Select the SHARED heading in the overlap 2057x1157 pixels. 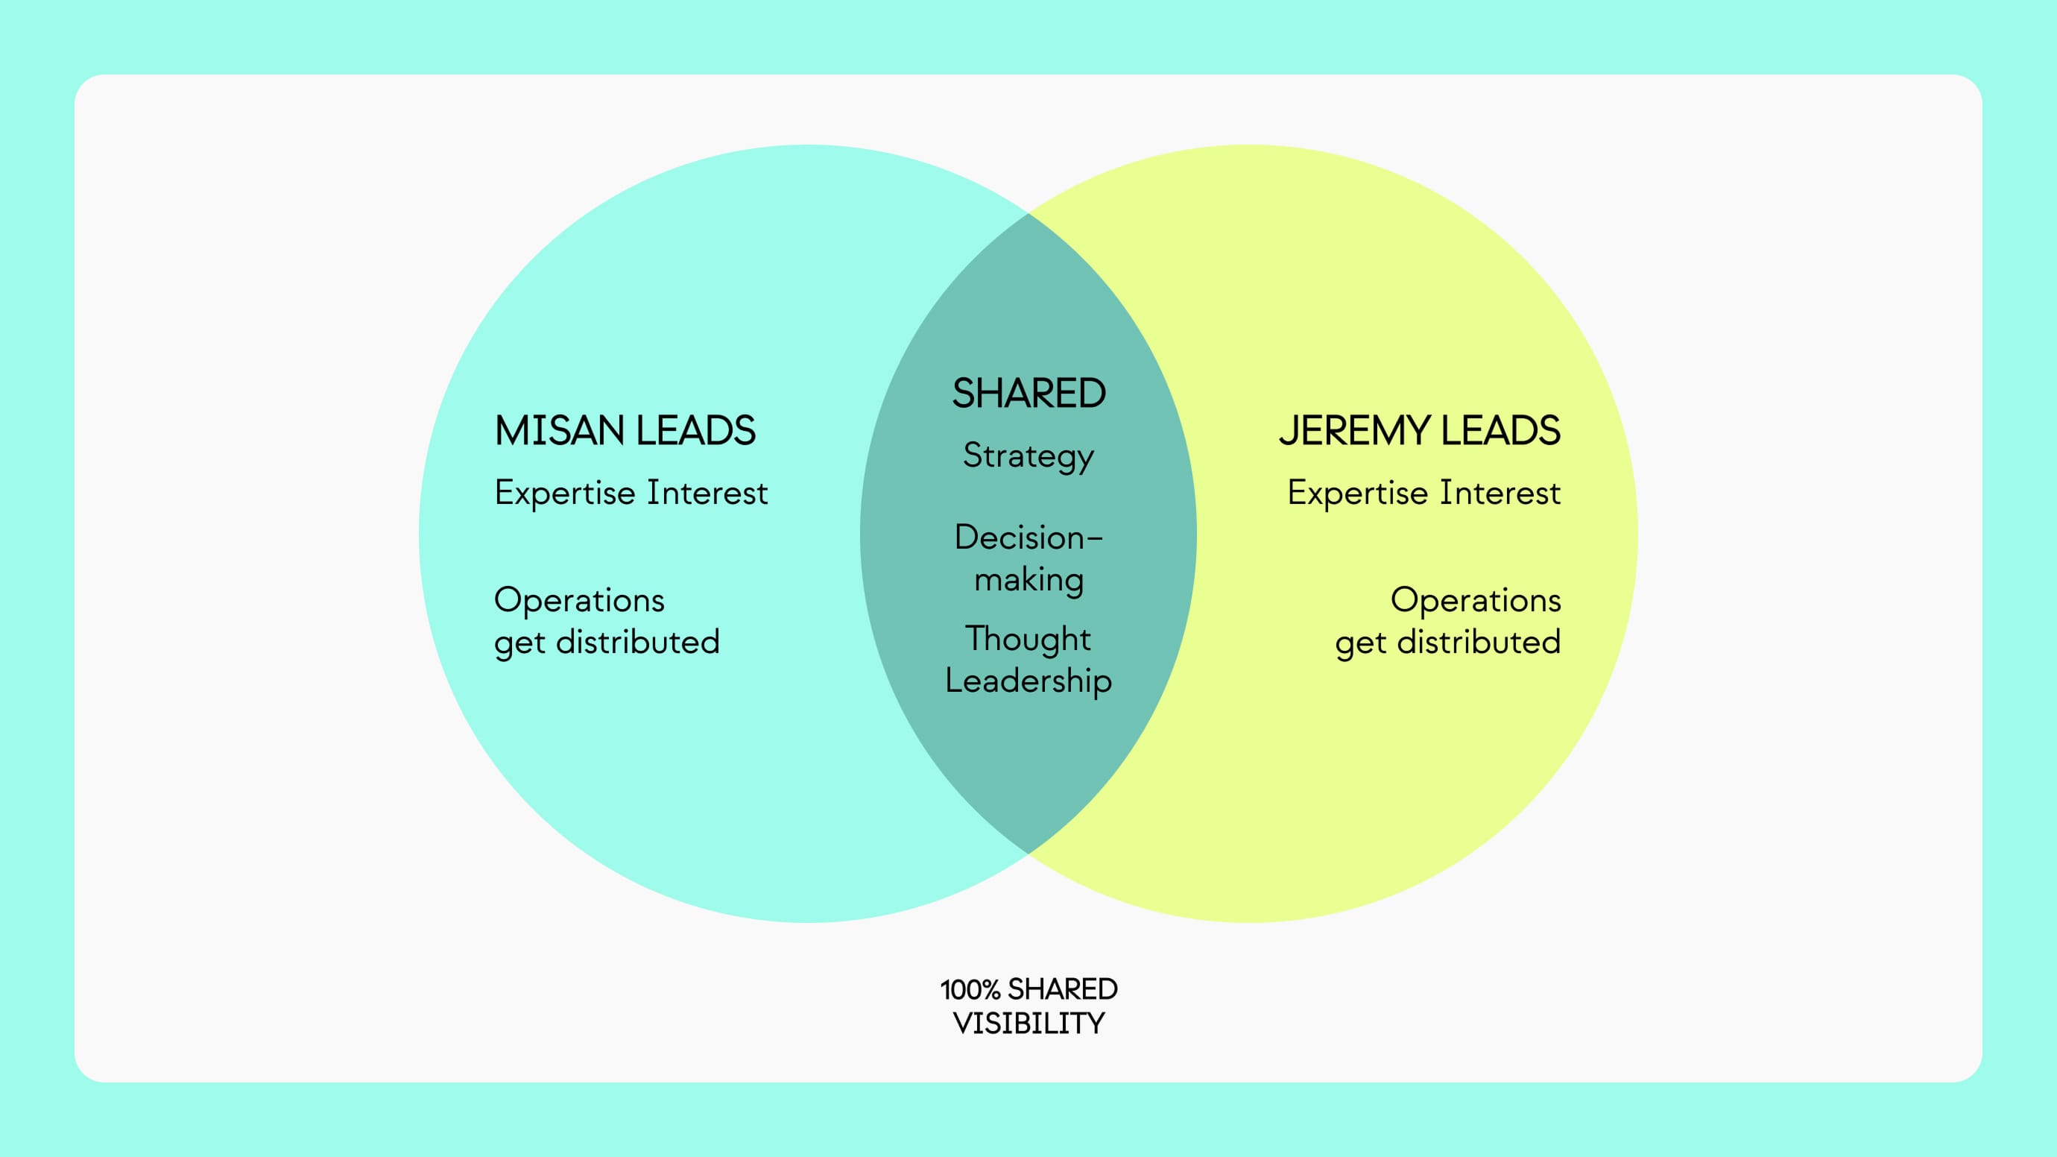1028,394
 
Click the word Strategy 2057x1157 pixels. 1028,457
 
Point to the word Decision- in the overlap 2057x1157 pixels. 1028,537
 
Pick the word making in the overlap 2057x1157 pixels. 1028,581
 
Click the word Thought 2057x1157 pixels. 1028,639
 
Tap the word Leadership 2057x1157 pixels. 1028,681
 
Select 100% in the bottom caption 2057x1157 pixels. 970,990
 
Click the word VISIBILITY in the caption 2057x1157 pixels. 1028,1024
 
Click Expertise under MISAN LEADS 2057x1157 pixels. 565,494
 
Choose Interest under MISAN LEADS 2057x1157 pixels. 707,493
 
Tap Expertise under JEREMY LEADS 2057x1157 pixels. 1357,494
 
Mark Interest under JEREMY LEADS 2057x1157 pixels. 1500,493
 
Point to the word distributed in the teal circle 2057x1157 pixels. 638,642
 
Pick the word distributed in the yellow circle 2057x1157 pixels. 1479,642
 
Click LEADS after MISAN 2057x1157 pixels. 695,431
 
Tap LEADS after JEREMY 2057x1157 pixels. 1500,431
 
